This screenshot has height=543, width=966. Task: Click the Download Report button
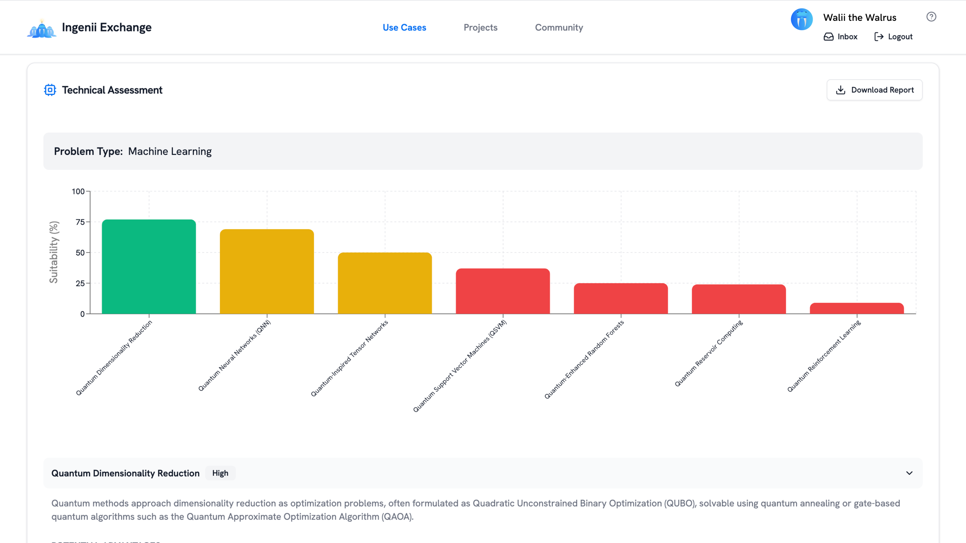874,90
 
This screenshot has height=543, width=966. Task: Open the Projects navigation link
480,27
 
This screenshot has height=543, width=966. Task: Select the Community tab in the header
559,27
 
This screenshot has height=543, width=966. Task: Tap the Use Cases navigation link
404,27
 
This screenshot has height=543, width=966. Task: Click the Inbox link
840,37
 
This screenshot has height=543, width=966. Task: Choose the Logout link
893,37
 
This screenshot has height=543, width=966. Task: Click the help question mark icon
931,17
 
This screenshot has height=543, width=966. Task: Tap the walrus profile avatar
801,19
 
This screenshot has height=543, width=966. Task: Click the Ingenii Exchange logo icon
42,29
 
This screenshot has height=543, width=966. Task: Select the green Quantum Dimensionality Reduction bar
149,266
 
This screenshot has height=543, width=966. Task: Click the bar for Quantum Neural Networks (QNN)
267,271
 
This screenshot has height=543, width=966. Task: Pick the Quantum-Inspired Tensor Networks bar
385,283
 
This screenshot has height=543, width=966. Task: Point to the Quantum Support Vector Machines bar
503,291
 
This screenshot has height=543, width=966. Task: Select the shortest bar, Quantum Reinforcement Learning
857,308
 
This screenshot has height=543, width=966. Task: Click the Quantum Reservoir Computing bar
738,299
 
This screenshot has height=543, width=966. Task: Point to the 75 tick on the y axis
80,222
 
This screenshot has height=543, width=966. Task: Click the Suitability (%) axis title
54,252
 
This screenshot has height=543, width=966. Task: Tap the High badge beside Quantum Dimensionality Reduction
220,473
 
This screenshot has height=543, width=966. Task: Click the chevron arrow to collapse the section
909,473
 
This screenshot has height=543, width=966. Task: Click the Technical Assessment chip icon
50,90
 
